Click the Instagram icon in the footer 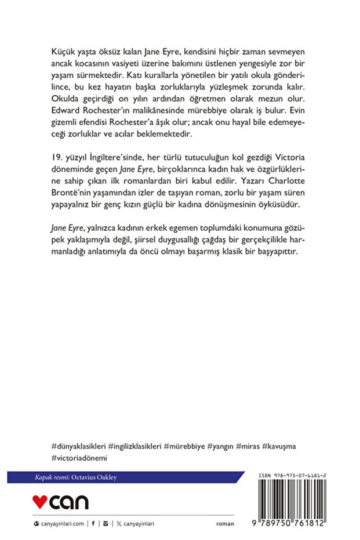point(105,523)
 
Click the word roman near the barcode point(225,523)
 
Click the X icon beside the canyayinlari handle point(118,523)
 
